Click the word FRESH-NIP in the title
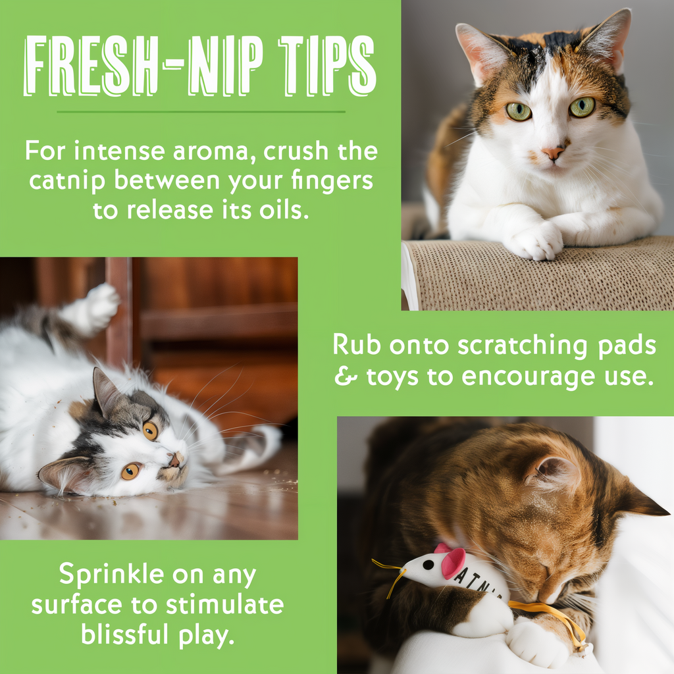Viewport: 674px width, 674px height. click(143, 65)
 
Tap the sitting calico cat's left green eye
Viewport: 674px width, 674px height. click(519, 111)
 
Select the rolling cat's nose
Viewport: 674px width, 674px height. click(174, 461)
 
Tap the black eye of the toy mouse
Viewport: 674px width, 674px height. click(428, 565)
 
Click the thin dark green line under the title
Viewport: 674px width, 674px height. click(201, 112)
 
